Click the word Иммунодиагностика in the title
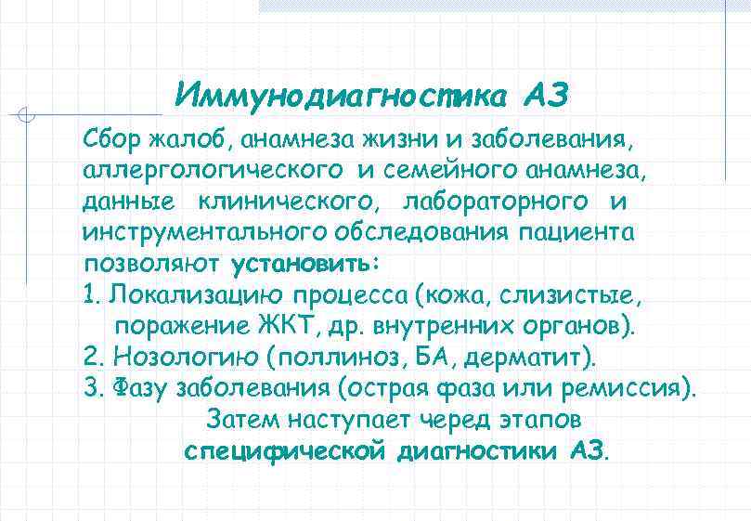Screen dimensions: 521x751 click(342, 96)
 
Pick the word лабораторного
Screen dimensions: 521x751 click(495, 202)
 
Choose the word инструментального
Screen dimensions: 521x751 click(206, 231)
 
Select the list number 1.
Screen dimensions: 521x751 click(88, 294)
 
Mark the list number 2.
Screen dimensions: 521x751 click(90, 357)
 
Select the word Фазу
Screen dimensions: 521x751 click(140, 388)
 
